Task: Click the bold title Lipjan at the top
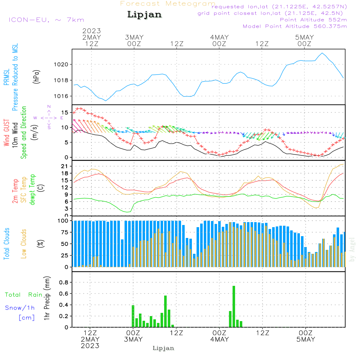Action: tap(144, 15)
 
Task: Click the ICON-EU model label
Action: tap(46, 20)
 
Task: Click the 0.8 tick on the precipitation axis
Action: tap(64, 282)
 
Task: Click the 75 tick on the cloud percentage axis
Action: tap(64, 232)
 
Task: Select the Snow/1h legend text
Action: tap(20, 308)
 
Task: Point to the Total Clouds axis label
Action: tap(7, 244)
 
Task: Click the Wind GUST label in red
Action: tap(7, 132)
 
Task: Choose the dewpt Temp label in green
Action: tap(32, 189)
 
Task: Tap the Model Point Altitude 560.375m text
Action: tap(295, 26)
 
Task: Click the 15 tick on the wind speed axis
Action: tap(65, 113)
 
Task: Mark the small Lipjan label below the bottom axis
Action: tap(163, 348)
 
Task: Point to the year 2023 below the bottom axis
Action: tap(90, 346)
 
